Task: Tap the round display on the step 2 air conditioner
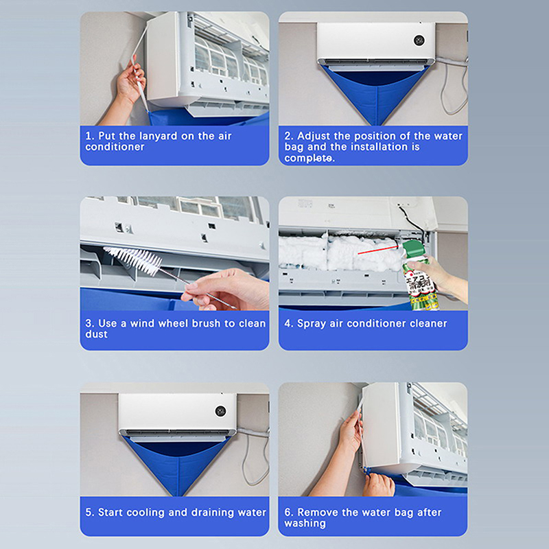419,40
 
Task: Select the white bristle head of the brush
133,259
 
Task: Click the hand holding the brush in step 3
224,289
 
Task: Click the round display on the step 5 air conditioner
220,411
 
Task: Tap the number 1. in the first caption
90,136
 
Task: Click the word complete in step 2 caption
307,159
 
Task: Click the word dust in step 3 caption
96,334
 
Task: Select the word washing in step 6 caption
305,524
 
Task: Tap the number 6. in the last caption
288,512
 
